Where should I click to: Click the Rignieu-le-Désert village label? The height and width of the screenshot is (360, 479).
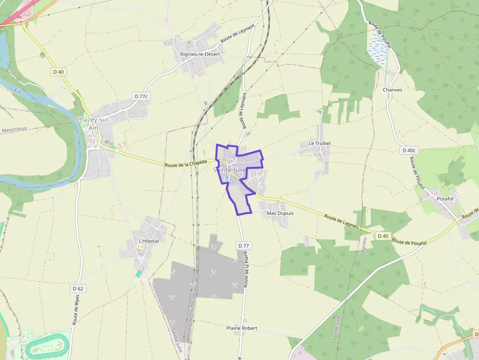[200, 54]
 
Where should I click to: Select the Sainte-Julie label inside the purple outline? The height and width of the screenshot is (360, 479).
[230, 170]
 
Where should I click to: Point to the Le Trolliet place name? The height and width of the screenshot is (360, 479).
[320, 143]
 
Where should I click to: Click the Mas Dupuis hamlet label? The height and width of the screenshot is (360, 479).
[280, 213]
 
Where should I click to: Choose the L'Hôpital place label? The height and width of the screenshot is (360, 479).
[149, 241]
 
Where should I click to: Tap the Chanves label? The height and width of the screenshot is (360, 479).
[392, 90]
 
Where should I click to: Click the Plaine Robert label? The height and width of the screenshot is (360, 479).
[242, 328]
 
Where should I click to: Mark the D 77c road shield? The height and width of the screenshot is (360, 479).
[140, 96]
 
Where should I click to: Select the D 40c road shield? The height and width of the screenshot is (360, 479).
[408, 150]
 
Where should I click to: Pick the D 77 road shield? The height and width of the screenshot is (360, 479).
[243, 245]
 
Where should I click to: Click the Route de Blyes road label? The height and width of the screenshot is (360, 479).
[76, 310]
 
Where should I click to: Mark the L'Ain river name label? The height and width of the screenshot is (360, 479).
[15, 91]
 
